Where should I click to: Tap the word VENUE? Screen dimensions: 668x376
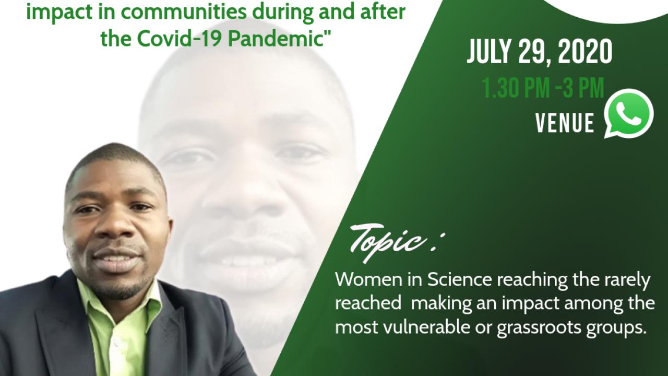tap(565, 123)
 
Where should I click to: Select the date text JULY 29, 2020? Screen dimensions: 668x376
tap(540, 53)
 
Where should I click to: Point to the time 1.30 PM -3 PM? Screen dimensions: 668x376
tap(543, 87)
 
